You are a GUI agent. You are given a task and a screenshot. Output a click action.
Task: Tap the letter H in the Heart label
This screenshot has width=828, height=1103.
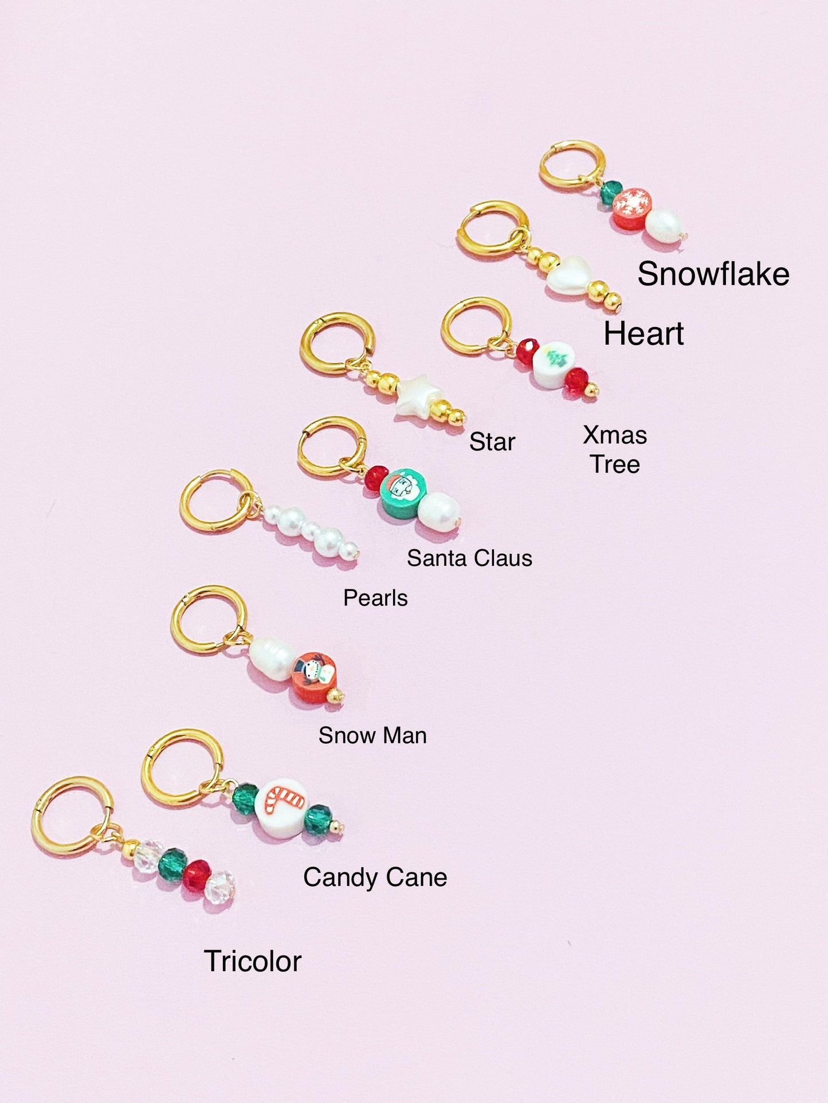pyautogui.click(x=615, y=333)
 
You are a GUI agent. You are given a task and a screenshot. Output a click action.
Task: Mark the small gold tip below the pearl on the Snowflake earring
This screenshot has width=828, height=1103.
pyautogui.click(x=684, y=235)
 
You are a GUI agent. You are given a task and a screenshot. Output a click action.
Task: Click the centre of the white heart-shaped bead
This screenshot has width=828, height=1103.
pyautogui.click(x=569, y=275)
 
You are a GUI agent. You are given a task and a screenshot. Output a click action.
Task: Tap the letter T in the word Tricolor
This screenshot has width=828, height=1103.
pyautogui.click(x=213, y=961)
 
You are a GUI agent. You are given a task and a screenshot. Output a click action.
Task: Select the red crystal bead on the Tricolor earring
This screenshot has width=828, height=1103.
pyautogui.click(x=197, y=875)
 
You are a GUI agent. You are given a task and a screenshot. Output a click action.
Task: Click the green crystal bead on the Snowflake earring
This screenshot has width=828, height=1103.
pyautogui.click(x=611, y=192)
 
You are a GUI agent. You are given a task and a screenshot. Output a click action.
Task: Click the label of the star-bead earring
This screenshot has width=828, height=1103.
pyautogui.click(x=492, y=442)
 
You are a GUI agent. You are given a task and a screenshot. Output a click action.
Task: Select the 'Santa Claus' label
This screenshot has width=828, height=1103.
pyautogui.click(x=470, y=558)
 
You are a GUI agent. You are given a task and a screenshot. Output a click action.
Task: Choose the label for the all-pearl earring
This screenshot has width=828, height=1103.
pyautogui.click(x=375, y=598)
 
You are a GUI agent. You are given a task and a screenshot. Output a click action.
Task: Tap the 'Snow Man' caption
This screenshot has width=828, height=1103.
pyautogui.click(x=372, y=735)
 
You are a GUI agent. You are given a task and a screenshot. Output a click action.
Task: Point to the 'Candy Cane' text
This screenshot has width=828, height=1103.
pyautogui.click(x=375, y=877)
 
